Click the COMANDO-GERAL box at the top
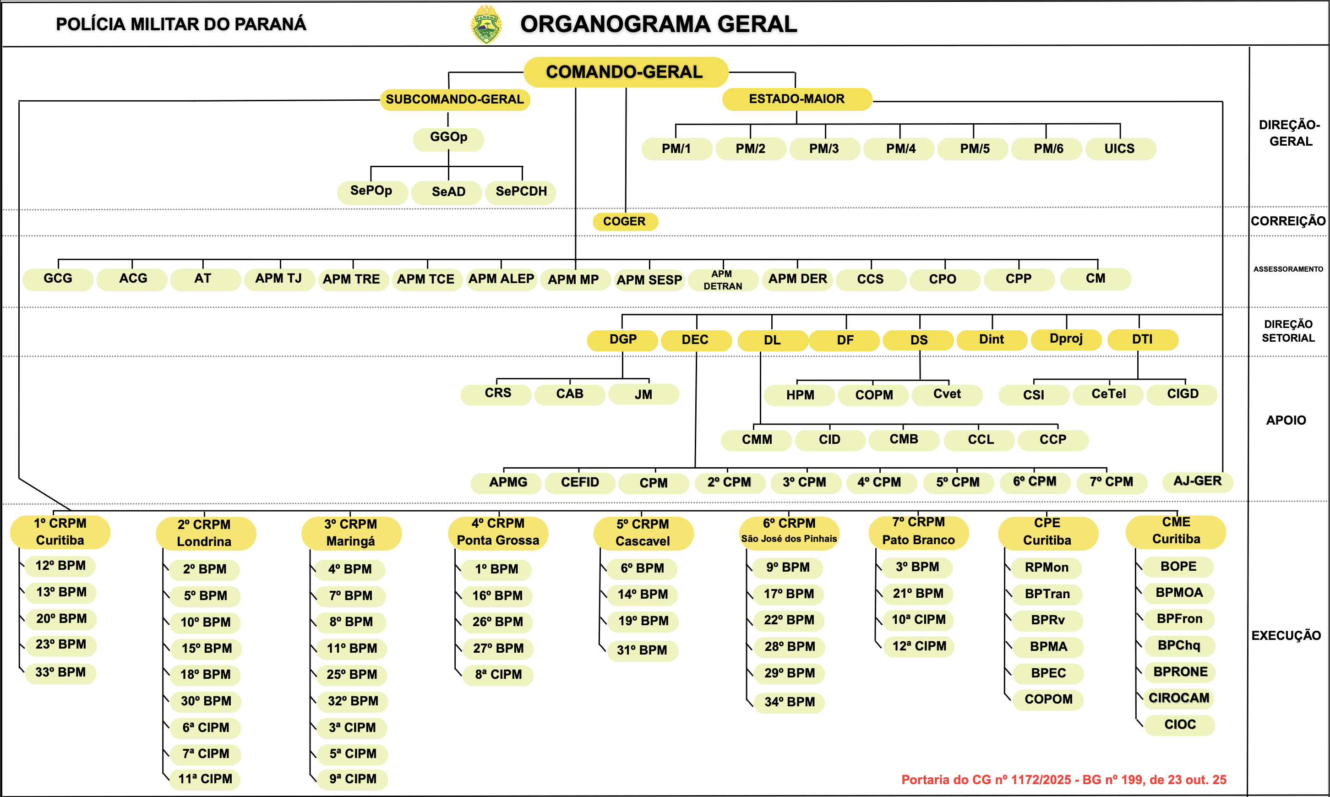(x=625, y=72)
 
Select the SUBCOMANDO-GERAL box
(x=455, y=99)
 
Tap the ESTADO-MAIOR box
(x=796, y=99)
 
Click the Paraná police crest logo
(x=486, y=25)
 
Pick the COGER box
(x=624, y=221)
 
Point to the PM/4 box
(x=900, y=149)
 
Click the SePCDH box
(x=521, y=192)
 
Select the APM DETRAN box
(x=723, y=280)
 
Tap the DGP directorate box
(x=622, y=339)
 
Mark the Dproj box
(x=1066, y=339)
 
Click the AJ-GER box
(x=1197, y=481)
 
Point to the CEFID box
(x=579, y=482)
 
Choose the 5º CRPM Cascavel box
(x=643, y=532)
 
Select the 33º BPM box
(x=60, y=672)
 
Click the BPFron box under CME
(x=1179, y=619)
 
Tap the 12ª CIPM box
(x=919, y=646)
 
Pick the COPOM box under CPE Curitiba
(x=1048, y=699)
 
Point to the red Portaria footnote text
(x=1063, y=780)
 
